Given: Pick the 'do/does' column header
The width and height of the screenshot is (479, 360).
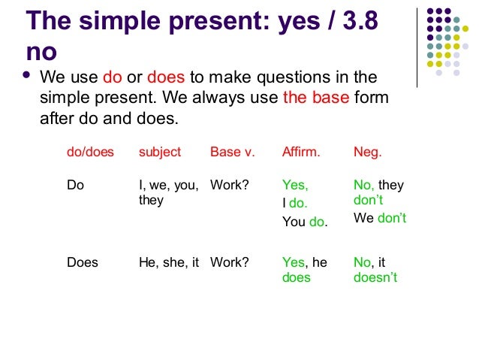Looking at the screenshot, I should click(x=90, y=152).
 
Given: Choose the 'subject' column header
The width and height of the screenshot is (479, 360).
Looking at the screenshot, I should click(x=160, y=152).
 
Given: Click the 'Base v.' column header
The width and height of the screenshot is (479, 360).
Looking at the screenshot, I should click(x=232, y=152).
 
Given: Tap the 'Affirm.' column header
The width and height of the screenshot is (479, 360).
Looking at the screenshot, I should click(x=301, y=152).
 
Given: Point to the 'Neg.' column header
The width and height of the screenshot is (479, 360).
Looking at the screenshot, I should click(x=367, y=152).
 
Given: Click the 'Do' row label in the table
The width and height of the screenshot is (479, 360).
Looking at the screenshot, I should click(x=76, y=185).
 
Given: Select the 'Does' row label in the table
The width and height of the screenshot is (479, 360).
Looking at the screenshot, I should click(x=83, y=262).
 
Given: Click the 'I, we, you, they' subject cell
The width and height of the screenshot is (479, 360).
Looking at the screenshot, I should click(x=168, y=192).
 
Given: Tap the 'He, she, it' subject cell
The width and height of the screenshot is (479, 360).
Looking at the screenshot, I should click(x=169, y=262).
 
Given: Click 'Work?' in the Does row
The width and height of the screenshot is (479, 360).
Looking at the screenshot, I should click(x=229, y=262).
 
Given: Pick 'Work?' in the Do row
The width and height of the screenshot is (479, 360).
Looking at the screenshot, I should click(x=229, y=185).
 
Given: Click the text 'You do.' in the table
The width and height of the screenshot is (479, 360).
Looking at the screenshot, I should click(x=305, y=222).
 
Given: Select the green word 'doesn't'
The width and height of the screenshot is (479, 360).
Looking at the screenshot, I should click(x=375, y=277).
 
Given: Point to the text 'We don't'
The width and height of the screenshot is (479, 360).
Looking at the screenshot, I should click(x=380, y=219).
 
